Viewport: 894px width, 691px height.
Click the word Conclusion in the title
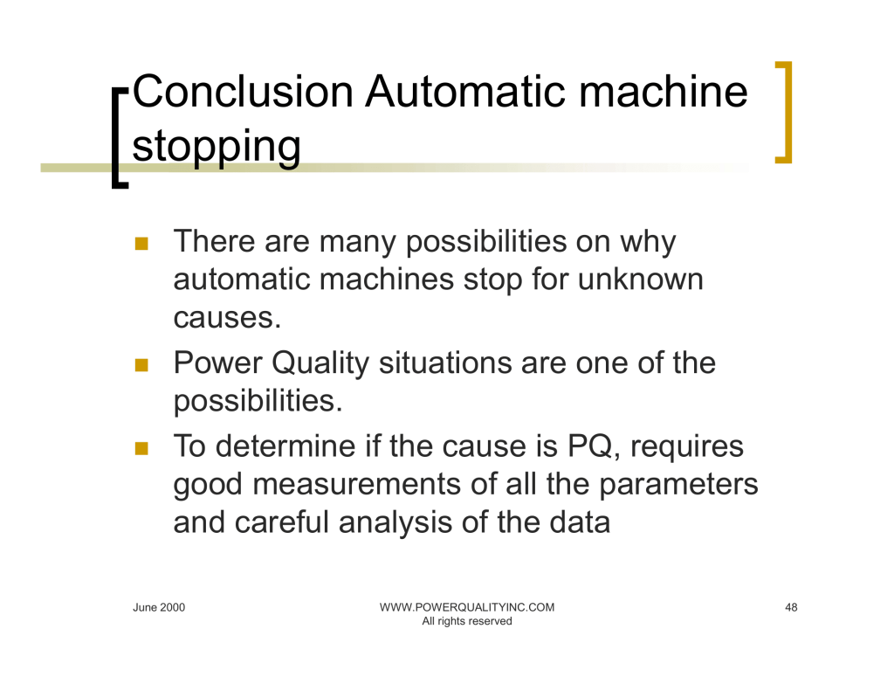(x=243, y=92)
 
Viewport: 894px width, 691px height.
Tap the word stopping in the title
(x=217, y=148)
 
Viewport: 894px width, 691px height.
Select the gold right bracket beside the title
(x=785, y=113)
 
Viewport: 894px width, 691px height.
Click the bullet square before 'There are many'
(x=141, y=244)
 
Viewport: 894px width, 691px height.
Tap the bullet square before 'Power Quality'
(x=141, y=365)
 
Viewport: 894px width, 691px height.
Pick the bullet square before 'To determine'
(x=141, y=448)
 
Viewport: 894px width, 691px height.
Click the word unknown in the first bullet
(x=640, y=280)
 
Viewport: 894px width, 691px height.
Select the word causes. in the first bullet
(x=228, y=318)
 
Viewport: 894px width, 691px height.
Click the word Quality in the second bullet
(x=320, y=363)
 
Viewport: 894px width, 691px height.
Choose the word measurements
(x=357, y=485)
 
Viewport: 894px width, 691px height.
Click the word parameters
(x=678, y=486)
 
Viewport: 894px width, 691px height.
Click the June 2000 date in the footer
(x=159, y=608)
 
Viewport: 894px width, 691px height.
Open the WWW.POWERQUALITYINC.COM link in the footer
(x=467, y=608)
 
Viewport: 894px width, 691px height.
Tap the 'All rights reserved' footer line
(x=467, y=621)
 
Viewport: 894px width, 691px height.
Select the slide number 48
(x=791, y=608)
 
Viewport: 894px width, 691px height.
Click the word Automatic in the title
(x=466, y=92)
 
